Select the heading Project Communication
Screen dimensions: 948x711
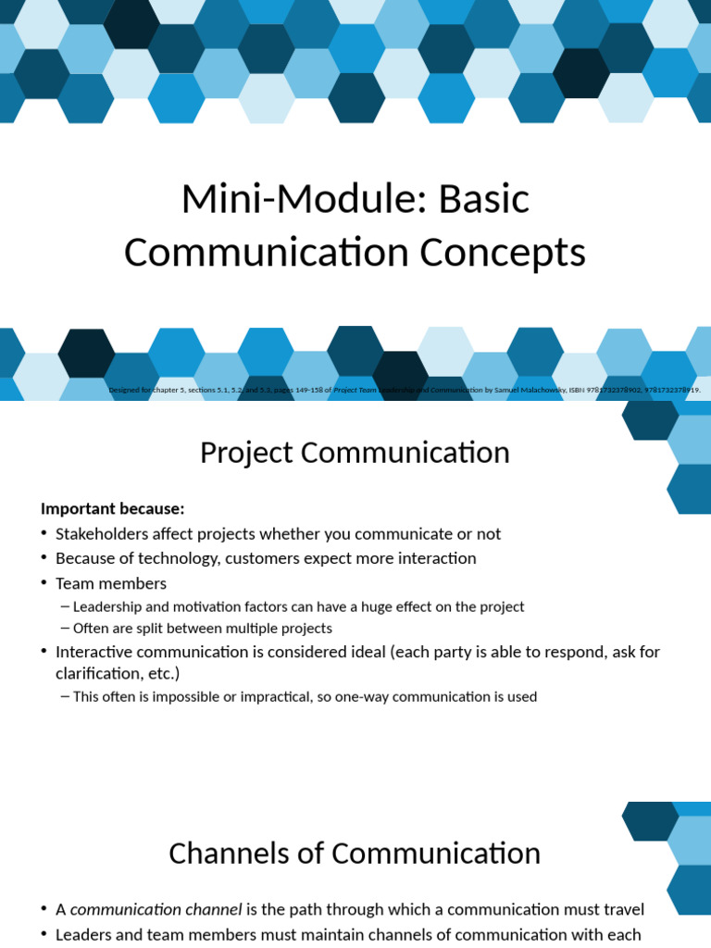pos(355,453)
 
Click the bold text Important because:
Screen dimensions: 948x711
pos(113,508)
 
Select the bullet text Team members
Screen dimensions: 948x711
pos(111,583)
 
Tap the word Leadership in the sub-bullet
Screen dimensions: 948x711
pos(109,607)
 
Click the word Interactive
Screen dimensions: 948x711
pos(94,652)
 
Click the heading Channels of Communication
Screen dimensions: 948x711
pos(355,854)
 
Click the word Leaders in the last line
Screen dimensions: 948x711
pos(83,935)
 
